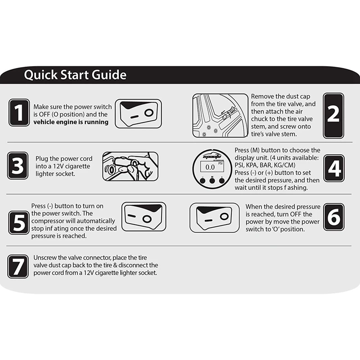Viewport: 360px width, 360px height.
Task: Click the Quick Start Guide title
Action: tap(75, 75)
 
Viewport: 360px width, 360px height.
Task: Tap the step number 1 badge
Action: tap(19, 112)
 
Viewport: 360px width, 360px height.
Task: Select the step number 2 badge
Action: tap(333, 116)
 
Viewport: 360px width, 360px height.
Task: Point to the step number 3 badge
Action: tap(18, 166)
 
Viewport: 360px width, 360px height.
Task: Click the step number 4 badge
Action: tap(334, 168)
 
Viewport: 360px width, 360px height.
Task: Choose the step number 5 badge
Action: tap(19, 223)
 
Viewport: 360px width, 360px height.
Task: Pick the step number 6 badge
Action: tap(334, 217)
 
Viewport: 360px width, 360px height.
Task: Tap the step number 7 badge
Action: tap(18, 266)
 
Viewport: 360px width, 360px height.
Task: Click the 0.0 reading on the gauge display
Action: tap(210, 167)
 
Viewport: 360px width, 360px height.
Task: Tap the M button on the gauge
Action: tap(212, 181)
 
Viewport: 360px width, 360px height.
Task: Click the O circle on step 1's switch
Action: tap(149, 113)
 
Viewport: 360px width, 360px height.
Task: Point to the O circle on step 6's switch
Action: tap(224, 216)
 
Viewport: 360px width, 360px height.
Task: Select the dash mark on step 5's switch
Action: tap(132, 216)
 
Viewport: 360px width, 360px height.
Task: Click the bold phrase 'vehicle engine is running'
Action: tap(71, 122)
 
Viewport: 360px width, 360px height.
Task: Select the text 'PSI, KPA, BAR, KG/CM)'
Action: tap(265, 165)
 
